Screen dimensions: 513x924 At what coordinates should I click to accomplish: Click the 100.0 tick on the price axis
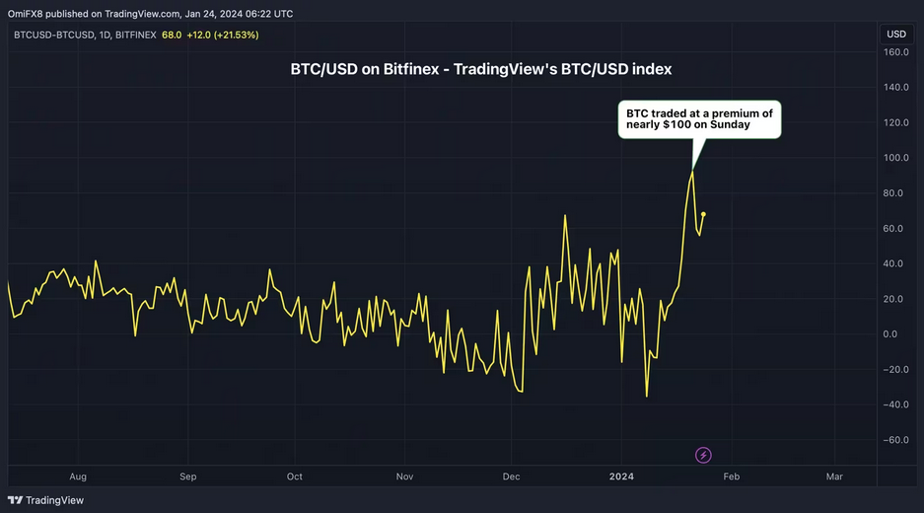(895, 158)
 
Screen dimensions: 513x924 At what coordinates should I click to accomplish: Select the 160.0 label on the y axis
(895, 52)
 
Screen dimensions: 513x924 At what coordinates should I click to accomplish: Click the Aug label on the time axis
(78, 476)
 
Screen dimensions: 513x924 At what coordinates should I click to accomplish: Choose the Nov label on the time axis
(405, 476)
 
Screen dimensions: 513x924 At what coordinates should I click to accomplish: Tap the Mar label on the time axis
(834, 476)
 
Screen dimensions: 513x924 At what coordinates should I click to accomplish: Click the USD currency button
(896, 34)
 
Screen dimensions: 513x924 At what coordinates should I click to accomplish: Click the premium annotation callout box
(699, 119)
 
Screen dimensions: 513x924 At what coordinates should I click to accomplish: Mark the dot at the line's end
(703, 214)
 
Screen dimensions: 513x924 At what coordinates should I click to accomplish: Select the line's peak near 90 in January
(692, 172)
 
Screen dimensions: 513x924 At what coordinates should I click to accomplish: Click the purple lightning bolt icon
(703, 456)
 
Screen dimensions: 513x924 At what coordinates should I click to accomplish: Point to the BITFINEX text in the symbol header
(131, 35)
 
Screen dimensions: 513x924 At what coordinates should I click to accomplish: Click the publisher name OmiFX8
(29, 14)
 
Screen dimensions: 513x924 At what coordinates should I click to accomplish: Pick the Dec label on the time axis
(511, 476)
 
